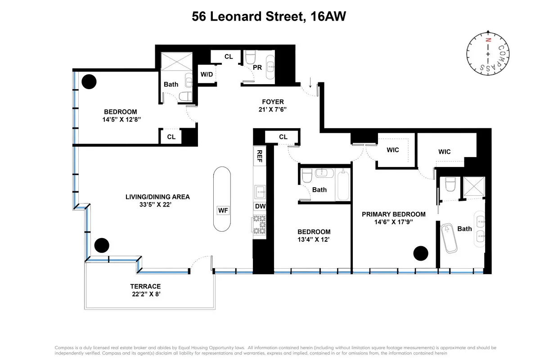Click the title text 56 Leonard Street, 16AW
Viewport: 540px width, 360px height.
pyautogui.click(x=269, y=17)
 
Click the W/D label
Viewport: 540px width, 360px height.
pyautogui.click(x=207, y=74)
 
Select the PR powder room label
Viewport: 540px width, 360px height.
pyautogui.click(x=257, y=67)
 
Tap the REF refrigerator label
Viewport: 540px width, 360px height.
pyautogui.click(x=260, y=156)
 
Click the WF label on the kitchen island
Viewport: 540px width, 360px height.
pyautogui.click(x=223, y=210)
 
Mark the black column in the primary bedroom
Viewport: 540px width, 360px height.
pyautogui.click(x=421, y=253)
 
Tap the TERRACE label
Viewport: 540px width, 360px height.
pyautogui.click(x=145, y=286)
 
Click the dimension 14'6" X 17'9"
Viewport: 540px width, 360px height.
pyautogui.click(x=393, y=222)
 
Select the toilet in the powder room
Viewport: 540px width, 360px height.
pyautogui.click(x=250, y=58)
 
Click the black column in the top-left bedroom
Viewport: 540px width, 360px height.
pyautogui.click(x=89, y=81)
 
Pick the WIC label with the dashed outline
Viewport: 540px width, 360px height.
pyautogui.click(x=392, y=150)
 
